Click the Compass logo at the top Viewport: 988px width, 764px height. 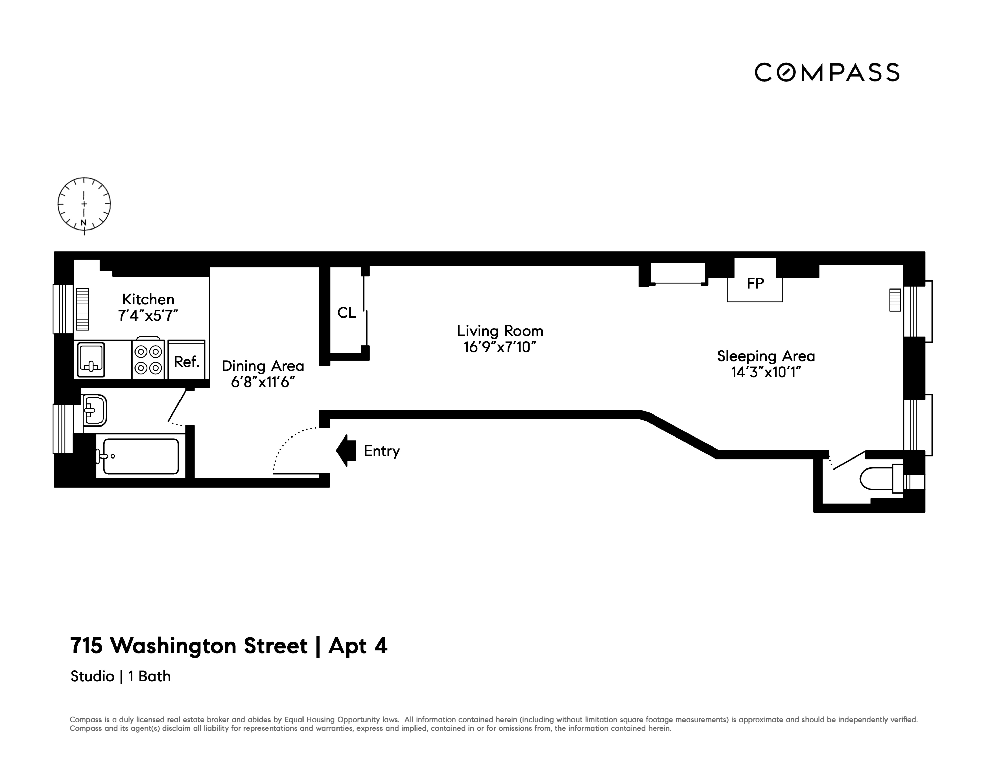tap(826, 72)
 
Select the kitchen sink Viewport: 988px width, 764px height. tap(91, 359)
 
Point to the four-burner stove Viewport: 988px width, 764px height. tap(148, 359)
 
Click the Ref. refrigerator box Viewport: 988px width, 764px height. tap(186, 361)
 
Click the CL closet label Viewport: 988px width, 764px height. tap(346, 312)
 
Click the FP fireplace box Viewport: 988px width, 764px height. tap(755, 283)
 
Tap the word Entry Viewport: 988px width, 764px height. tap(382, 451)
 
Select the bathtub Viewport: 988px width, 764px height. tap(141, 456)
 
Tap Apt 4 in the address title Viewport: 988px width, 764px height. tap(358, 646)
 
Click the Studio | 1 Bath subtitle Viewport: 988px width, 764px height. tap(120, 676)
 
